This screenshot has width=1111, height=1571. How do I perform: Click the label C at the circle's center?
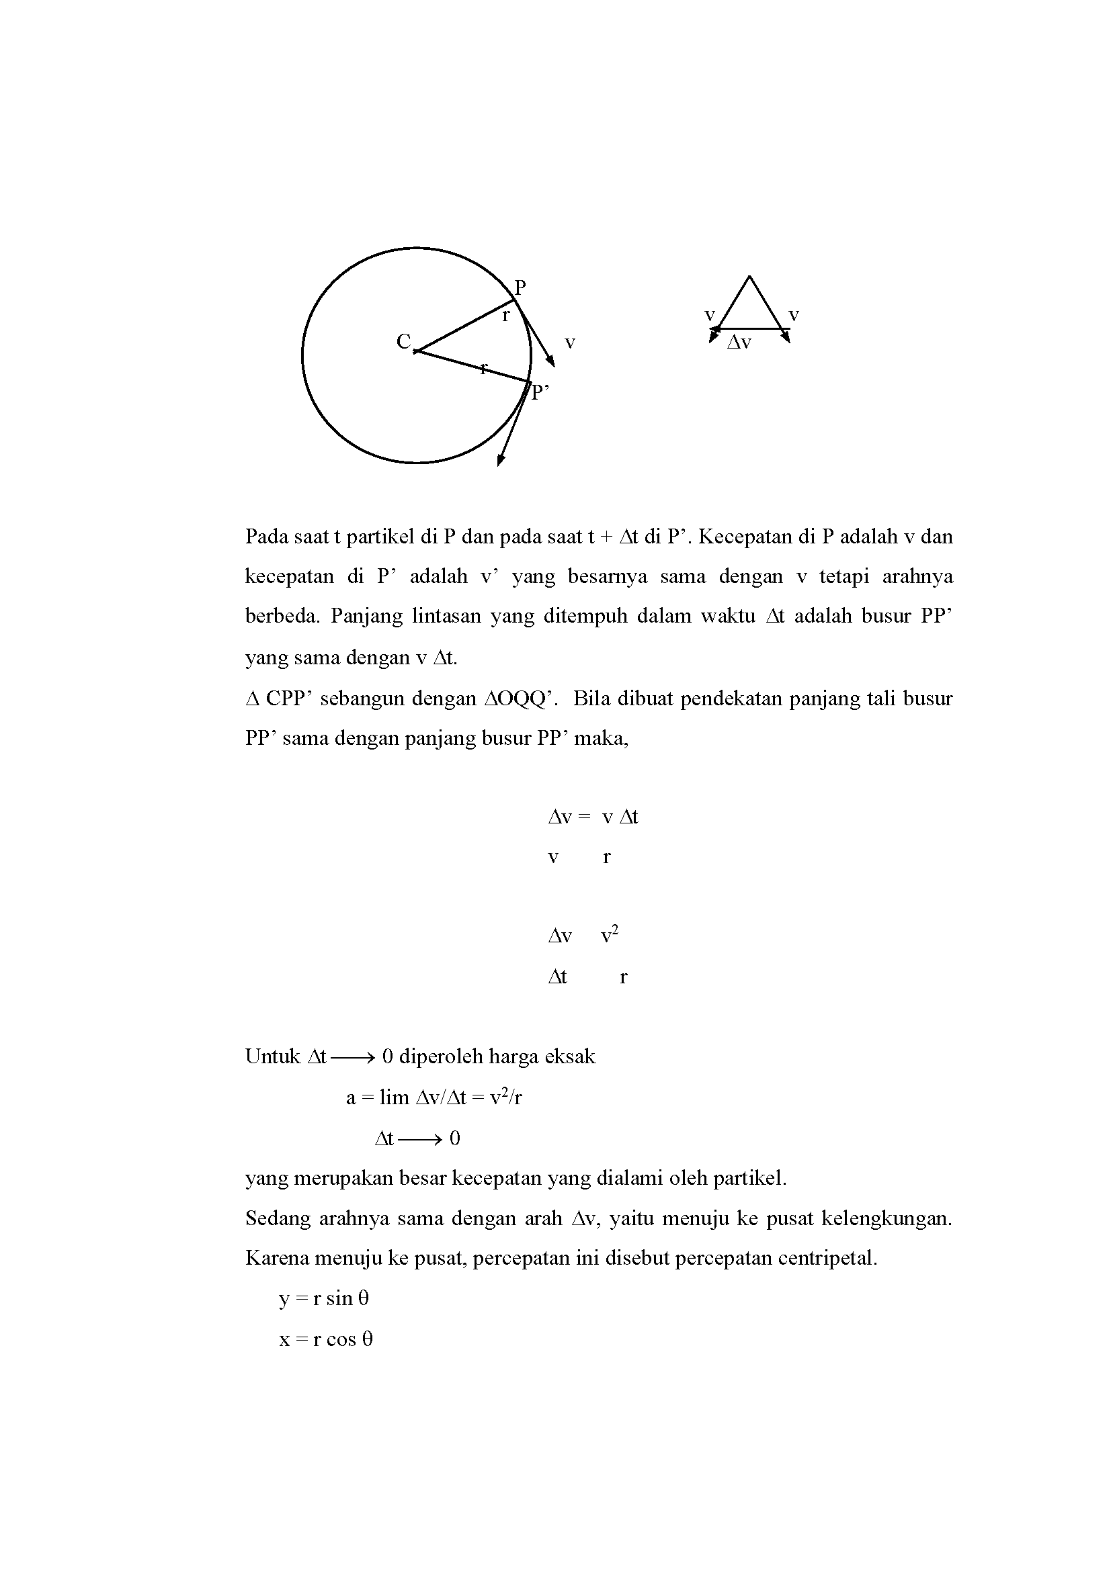click(403, 341)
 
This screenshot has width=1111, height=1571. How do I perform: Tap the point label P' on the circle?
click(541, 392)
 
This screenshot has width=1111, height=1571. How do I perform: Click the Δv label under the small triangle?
click(739, 343)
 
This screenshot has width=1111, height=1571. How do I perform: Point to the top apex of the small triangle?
click(749, 277)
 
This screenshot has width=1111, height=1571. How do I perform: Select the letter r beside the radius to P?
click(506, 316)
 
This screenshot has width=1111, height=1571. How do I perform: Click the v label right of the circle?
click(569, 342)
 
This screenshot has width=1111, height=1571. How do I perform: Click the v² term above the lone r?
click(609, 936)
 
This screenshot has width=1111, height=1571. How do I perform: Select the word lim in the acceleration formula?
click(395, 1098)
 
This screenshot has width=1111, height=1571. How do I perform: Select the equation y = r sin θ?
click(324, 1299)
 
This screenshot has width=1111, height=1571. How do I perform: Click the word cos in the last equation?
click(341, 1339)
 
